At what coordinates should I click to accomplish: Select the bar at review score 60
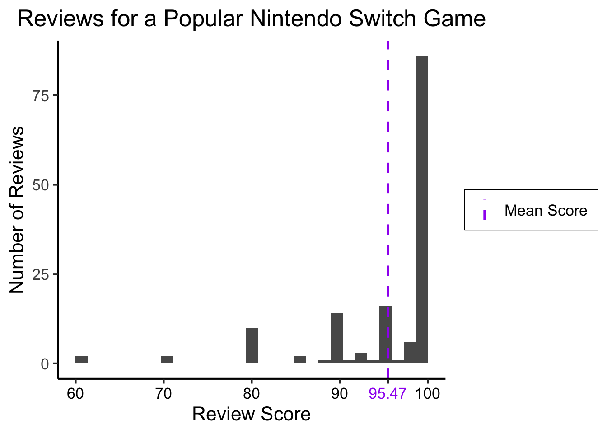tap(81, 360)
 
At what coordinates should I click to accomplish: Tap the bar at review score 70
tap(167, 360)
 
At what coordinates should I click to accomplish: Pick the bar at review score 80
tap(252, 345)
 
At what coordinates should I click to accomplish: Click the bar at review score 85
tap(300, 360)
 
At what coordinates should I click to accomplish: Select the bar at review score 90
tap(336, 338)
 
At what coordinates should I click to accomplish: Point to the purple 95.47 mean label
tap(388, 394)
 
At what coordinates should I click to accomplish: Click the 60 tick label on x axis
tap(75, 394)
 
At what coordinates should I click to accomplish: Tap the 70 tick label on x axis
tap(163, 394)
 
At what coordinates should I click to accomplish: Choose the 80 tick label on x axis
tap(252, 394)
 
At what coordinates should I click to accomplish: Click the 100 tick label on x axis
tap(427, 394)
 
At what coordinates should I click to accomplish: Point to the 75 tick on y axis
tap(41, 96)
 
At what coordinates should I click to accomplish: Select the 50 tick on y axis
tap(41, 185)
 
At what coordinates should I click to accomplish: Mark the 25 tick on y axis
tap(41, 274)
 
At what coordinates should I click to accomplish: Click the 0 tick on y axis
tap(45, 364)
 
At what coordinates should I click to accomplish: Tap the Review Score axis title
tap(251, 415)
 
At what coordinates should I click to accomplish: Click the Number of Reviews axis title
tap(17, 210)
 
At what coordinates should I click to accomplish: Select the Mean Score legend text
tap(546, 210)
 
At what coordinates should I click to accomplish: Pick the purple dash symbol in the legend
tap(484, 214)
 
